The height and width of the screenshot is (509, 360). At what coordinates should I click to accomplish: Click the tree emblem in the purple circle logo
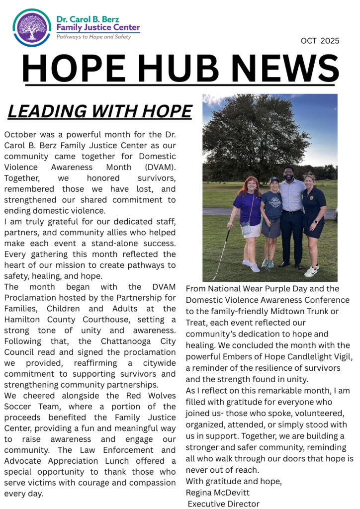pos(32,28)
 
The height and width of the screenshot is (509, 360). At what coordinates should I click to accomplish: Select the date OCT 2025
pos(320,41)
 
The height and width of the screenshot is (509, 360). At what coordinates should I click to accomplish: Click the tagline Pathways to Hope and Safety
pos(93,37)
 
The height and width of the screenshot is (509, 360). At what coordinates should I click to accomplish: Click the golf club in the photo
pos(221,254)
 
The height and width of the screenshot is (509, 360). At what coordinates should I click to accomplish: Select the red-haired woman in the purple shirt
pos(247,219)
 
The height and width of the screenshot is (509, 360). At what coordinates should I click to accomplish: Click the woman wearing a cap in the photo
pos(272,219)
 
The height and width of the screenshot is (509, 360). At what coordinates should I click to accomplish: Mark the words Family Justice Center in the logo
pos(98,27)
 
